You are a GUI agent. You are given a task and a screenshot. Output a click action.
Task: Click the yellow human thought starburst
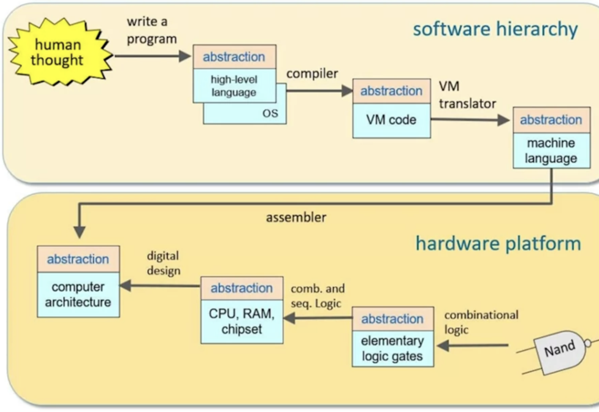pyautogui.click(x=58, y=52)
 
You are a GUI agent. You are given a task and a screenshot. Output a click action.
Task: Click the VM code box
pyautogui.click(x=391, y=120)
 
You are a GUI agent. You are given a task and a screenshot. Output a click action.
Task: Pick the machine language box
pyautogui.click(x=551, y=150)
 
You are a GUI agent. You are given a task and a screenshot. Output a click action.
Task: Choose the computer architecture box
pyautogui.click(x=78, y=294)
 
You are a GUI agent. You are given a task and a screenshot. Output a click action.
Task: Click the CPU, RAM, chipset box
pyautogui.click(x=242, y=321)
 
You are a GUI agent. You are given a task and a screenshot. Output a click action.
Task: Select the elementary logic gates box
pyautogui.click(x=392, y=348)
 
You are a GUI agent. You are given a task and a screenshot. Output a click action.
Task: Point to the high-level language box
pyautogui.click(x=234, y=86)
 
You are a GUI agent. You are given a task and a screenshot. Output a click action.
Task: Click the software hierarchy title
pyautogui.click(x=495, y=29)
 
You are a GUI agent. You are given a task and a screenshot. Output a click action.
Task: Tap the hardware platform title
pyautogui.click(x=498, y=243)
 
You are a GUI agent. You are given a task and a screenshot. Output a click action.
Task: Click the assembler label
pyautogui.click(x=296, y=217)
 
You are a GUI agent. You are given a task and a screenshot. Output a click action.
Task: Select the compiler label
pyautogui.click(x=312, y=73)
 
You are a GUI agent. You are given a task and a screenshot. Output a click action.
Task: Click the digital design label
pyautogui.click(x=163, y=263)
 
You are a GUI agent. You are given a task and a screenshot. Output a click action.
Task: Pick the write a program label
pyautogui.click(x=151, y=30)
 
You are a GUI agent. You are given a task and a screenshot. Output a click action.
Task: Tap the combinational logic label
pyautogui.click(x=481, y=322)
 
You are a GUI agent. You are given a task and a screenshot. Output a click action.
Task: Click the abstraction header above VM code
pyautogui.click(x=391, y=91)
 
